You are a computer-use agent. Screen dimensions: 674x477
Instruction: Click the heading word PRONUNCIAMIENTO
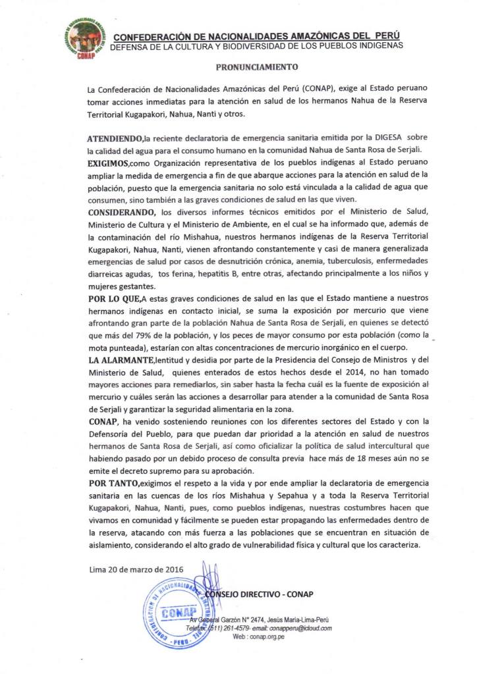pos(258,67)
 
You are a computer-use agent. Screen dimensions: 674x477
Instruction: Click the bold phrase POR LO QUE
pos(109,300)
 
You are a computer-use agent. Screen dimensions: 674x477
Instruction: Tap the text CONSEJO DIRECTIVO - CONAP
pos(260,594)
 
